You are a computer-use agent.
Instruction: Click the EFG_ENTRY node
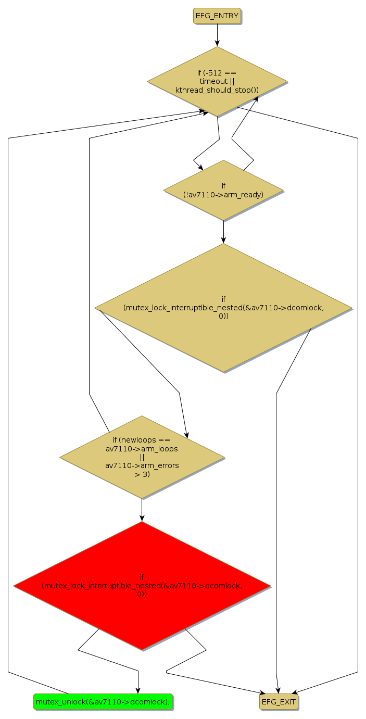tap(217, 16)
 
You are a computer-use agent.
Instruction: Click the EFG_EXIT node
tap(279, 702)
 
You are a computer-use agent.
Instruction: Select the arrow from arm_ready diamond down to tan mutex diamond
tap(223, 232)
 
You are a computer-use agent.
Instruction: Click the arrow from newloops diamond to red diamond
tap(142, 510)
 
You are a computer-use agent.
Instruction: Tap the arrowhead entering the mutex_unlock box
tap(138, 690)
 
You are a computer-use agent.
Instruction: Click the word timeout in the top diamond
tap(213, 81)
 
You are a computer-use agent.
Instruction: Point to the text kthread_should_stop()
tap(217, 90)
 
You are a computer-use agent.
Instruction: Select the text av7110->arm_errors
tap(142, 465)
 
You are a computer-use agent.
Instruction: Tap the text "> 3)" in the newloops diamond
tap(142, 474)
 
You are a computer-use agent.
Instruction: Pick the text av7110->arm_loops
tap(142, 448)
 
